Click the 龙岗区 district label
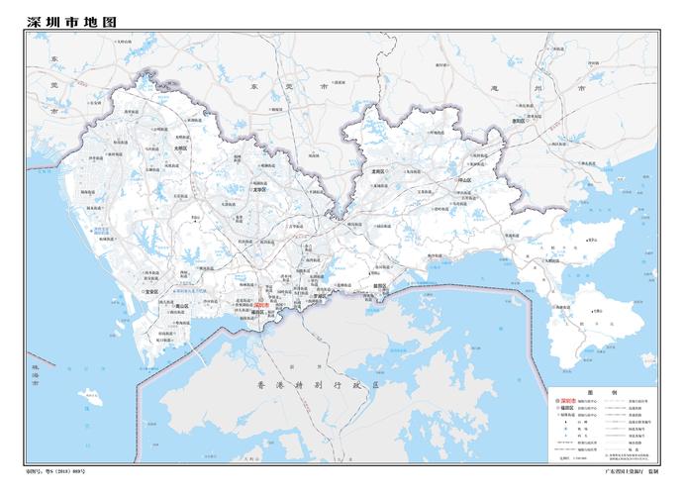click(x=377, y=170)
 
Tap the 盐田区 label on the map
click(x=378, y=286)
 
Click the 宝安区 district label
click(x=151, y=292)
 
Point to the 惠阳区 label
click(x=518, y=121)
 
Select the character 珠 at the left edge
click(x=34, y=364)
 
